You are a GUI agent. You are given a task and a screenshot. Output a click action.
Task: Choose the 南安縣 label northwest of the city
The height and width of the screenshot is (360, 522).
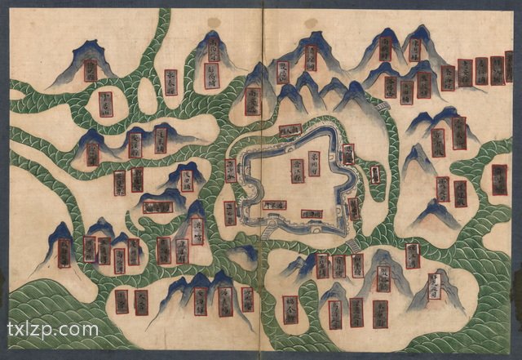253,100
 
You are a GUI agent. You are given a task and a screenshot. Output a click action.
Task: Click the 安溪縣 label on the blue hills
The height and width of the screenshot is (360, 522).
135,144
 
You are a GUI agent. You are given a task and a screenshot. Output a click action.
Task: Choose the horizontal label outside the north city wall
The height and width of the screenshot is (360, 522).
290,130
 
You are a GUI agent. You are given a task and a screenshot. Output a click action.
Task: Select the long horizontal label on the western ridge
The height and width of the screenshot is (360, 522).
157,207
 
